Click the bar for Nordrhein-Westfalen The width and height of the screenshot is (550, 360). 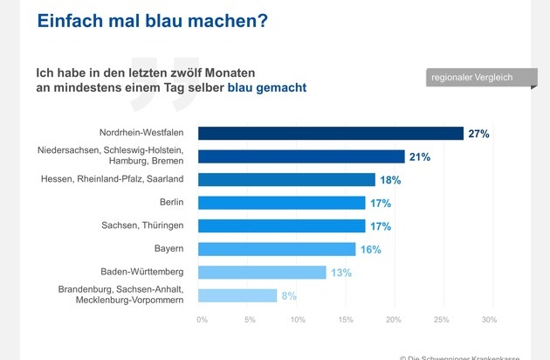331,134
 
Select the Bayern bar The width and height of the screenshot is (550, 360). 277,249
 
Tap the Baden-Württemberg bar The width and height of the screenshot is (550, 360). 262,273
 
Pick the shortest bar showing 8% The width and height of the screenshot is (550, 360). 237,295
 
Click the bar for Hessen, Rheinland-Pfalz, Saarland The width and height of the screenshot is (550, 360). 286,180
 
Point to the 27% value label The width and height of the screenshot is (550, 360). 478,134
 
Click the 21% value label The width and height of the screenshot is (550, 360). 420,157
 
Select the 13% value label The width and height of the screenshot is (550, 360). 341,273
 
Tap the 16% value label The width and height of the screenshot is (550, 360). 371,250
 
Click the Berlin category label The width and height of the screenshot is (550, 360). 171,203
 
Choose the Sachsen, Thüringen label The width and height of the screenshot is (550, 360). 142,225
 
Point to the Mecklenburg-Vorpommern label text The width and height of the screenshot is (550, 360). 129,301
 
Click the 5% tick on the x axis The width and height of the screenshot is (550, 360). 250,320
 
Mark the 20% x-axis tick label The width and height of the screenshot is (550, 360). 393,320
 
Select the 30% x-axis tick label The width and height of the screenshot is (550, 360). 489,320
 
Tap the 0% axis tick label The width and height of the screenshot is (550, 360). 202,320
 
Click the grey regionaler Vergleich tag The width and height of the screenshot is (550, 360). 481,77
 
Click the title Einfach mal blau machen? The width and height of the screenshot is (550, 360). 152,21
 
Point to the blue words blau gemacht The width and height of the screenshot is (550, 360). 267,87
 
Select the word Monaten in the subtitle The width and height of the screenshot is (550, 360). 230,73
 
